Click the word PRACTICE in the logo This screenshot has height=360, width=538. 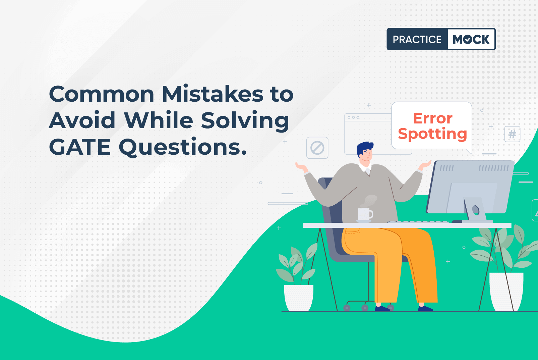click(x=417, y=39)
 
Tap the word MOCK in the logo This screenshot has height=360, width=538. click(x=471, y=39)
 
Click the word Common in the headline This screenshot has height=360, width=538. click(x=101, y=94)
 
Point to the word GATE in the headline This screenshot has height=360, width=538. click(x=79, y=147)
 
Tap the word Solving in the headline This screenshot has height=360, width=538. click(x=245, y=121)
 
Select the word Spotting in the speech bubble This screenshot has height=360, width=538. click(x=432, y=134)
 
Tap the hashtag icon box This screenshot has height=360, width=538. click(x=512, y=134)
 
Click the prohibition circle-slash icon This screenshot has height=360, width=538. click(x=317, y=148)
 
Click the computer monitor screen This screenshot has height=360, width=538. click(x=470, y=187)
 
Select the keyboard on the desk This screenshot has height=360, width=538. click(x=418, y=221)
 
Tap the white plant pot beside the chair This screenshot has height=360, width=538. click(x=299, y=298)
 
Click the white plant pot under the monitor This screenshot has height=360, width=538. click(x=506, y=292)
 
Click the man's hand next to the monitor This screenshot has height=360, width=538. click(x=424, y=165)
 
